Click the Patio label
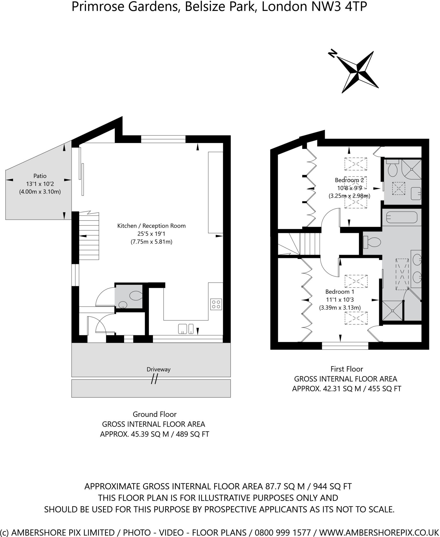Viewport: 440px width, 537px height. click(x=40, y=176)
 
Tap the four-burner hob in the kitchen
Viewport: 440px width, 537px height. click(x=216, y=304)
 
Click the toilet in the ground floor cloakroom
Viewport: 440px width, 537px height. click(x=136, y=296)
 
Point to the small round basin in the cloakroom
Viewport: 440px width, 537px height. click(x=122, y=305)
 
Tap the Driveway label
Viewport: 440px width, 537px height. click(x=158, y=369)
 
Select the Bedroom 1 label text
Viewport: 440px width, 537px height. click(x=340, y=292)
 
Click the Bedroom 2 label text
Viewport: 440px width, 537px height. click(x=349, y=180)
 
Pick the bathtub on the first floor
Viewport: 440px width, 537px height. click(x=401, y=217)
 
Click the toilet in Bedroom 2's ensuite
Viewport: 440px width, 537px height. click(x=393, y=169)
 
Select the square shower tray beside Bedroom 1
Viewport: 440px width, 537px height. click(x=392, y=311)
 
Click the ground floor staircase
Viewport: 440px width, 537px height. click(x=89, y=236)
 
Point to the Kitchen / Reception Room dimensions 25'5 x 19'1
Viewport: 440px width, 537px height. click(x=151, y=234)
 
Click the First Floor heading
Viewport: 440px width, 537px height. click(x=347, y=369)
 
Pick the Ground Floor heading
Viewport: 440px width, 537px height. click(x=154, y=414)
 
